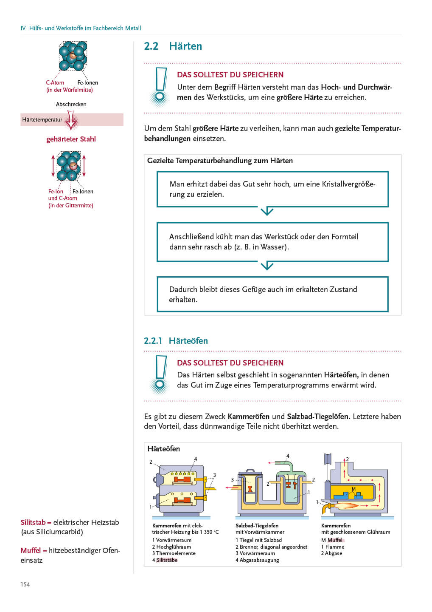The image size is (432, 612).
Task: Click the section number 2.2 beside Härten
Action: [x=151, y=46]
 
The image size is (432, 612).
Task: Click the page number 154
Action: [x=25, y=584]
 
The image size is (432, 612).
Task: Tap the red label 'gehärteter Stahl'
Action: [x=71, y=139]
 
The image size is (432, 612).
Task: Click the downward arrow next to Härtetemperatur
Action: [x=71, y=120]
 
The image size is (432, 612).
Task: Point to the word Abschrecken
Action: [x=71, y=104]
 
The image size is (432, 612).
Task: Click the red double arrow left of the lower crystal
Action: [x=53, y=166]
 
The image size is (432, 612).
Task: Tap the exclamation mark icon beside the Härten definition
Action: [x=160, y=86]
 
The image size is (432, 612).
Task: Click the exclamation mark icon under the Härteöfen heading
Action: [x=160, y=374]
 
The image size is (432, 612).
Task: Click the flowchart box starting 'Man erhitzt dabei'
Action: [x=272, y=189]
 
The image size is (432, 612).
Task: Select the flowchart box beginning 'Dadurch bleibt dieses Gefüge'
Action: [x=272, y=294]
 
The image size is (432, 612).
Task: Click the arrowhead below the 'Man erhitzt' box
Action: [x=267, y=211]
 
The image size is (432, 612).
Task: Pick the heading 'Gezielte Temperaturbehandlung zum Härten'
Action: [x=220, y=161]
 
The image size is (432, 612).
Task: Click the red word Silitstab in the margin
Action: [x=33, y=522]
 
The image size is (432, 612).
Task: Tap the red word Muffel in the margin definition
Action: [x=31, y=550]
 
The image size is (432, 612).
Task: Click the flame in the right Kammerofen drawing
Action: [x=344, y=506]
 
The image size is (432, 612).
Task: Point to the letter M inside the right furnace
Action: [x=353, y=489]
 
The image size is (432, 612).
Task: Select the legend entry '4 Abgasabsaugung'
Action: [x=257, y=560]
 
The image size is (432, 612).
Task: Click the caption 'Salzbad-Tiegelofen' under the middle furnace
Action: [x=257, y=526]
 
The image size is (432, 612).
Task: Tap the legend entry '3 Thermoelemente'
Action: [x=174, y=553]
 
